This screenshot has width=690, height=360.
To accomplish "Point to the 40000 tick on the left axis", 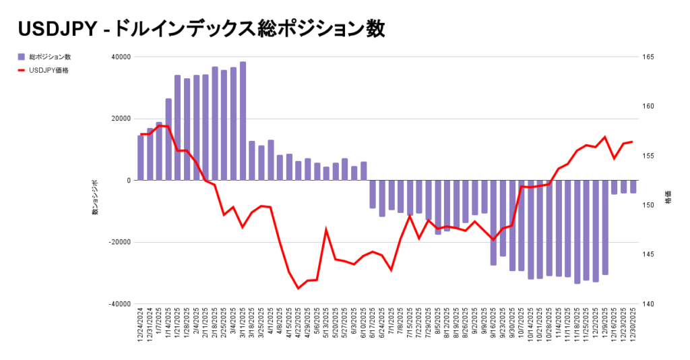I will [121, 57].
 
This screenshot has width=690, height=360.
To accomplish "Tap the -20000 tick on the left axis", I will [120, 243].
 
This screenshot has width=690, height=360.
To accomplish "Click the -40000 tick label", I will [120, 304].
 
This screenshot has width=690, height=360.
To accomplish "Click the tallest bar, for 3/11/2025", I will [243, 121].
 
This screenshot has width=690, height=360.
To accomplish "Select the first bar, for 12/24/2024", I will [141, 158].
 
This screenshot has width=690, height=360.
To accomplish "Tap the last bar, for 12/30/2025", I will [633, 187].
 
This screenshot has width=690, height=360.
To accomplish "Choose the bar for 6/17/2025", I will [373, 194].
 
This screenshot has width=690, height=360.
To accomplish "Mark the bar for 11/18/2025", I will [577, 232].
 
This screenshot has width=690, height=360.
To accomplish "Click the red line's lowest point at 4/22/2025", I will [299, 289].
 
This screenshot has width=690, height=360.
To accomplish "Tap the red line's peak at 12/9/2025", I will [604, 138].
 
